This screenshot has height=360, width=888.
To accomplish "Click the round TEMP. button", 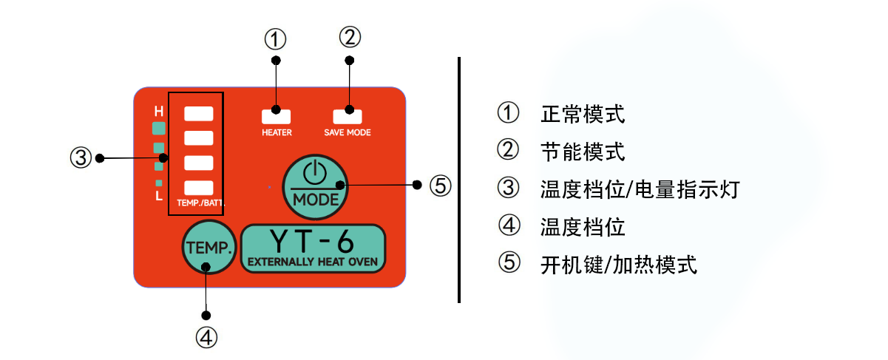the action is point(209,247).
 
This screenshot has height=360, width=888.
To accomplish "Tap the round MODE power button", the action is point(315,187).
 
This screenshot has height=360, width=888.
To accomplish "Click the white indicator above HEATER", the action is point(277,117).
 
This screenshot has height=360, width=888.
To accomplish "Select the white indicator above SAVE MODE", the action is point(348,117).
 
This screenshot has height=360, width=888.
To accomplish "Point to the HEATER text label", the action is point(277,132).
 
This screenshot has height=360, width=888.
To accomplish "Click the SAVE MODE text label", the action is point(348,132).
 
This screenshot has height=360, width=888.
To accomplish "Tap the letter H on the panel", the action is point(159,112).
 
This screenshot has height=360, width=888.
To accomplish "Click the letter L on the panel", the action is point(159,195).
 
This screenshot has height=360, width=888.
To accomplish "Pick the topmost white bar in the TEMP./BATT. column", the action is point(199,114).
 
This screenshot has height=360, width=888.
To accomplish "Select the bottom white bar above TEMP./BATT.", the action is point(199,188).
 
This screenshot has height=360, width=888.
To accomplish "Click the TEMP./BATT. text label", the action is point(200,203).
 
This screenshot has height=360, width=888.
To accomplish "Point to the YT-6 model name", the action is point(311,242).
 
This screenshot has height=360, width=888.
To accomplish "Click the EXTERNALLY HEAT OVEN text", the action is point(313,262).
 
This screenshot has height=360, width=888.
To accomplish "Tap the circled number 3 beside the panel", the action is point(81,157).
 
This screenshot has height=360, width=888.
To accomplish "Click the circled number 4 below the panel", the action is point(206,338).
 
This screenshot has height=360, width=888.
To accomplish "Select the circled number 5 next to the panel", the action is point(441,186).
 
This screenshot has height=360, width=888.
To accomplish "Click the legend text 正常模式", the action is point(583,114).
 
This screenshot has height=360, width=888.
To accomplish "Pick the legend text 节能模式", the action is point(583,152).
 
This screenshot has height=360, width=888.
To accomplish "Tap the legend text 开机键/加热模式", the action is point(619,265).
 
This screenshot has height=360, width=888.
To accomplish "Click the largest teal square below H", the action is point(159,129).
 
